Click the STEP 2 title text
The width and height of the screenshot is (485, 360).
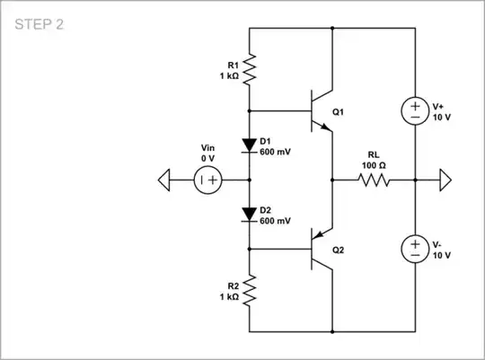tap(40, 25)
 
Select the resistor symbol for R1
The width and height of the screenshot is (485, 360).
tap(249, 68)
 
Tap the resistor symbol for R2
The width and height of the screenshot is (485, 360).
tap(249, 289)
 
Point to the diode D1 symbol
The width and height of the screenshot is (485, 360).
tap(249, 145)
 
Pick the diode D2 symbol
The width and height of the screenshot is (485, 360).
tap(249, 215)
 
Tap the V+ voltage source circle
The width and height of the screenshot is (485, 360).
tap(415, 110)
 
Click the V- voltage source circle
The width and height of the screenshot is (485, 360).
tap(415, 249)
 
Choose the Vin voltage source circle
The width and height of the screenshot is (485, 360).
tap(207, 180)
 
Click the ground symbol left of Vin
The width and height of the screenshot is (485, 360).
tap(164, 180)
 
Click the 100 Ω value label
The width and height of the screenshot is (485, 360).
tap(375, 166)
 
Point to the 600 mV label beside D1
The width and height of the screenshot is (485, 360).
tap(275, 152)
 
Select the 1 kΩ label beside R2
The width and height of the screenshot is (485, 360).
tap(228, 295)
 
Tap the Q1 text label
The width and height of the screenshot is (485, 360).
tap(339, 112)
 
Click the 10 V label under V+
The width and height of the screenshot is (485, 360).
tap(441, 118)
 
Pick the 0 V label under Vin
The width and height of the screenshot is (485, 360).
tap(207, 158)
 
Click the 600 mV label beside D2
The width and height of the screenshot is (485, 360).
tap(275, 220)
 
